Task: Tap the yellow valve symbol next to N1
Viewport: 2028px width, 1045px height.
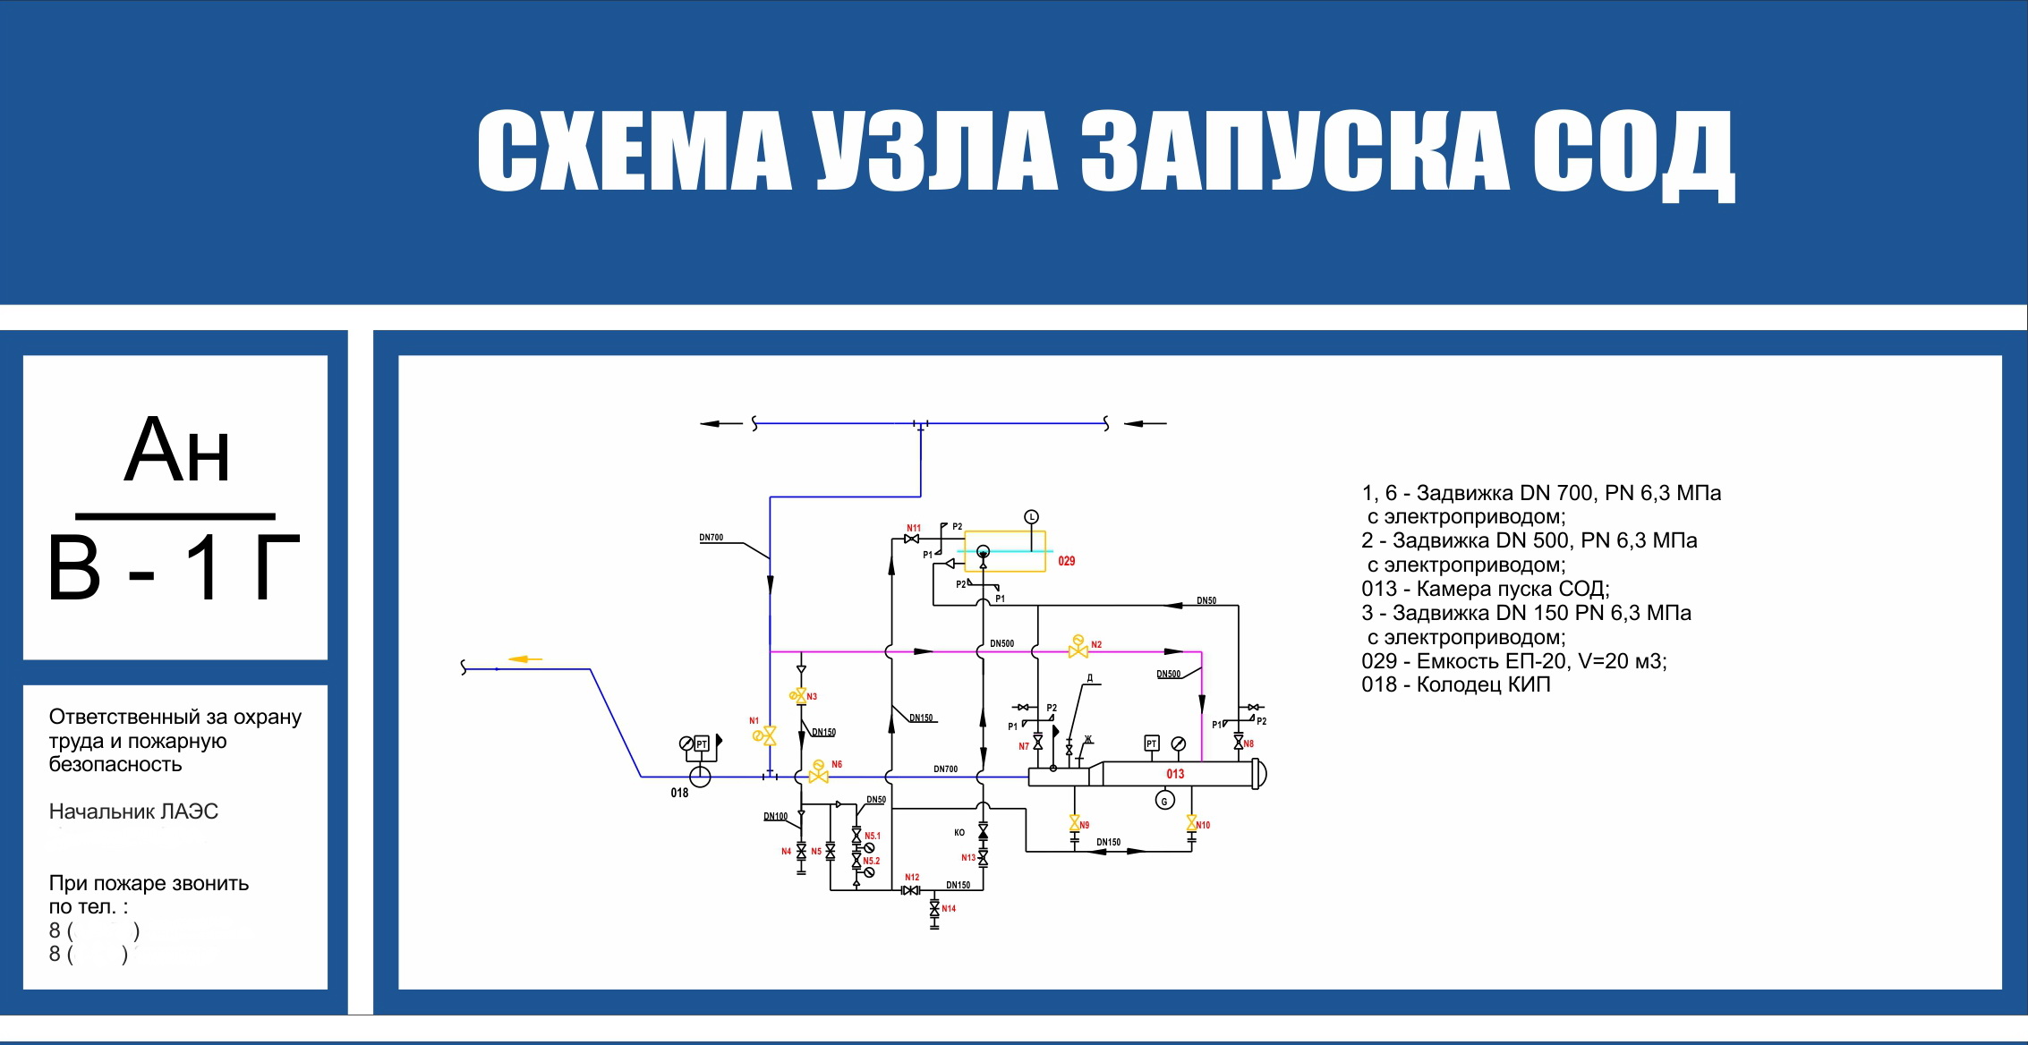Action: [768, 735]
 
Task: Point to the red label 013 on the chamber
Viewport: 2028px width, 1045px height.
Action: [1175, 774]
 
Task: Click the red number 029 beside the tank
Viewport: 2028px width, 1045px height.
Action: [1066, 561]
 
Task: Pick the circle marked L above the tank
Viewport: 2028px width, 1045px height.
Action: [1031, 517]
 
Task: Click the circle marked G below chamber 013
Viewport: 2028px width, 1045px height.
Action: [1164, 801]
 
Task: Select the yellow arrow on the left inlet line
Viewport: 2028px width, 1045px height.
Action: [525, 659]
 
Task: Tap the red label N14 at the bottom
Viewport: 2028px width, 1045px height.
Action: [949, 908]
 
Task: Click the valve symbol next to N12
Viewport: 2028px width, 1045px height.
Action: [911, 890]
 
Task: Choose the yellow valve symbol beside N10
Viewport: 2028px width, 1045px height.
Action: [1192, 822]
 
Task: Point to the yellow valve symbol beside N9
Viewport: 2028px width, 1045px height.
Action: [1074, 822]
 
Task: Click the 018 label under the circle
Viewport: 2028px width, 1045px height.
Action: [679, 793]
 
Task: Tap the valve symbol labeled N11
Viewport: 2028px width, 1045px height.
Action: [912, 539]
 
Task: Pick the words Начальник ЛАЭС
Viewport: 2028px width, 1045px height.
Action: [133, 811]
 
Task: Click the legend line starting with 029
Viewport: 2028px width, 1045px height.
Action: [1513, 661]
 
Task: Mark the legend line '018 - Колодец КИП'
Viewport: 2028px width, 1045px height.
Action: [1455, 684]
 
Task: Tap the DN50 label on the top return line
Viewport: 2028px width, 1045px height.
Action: [1206, 600]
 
